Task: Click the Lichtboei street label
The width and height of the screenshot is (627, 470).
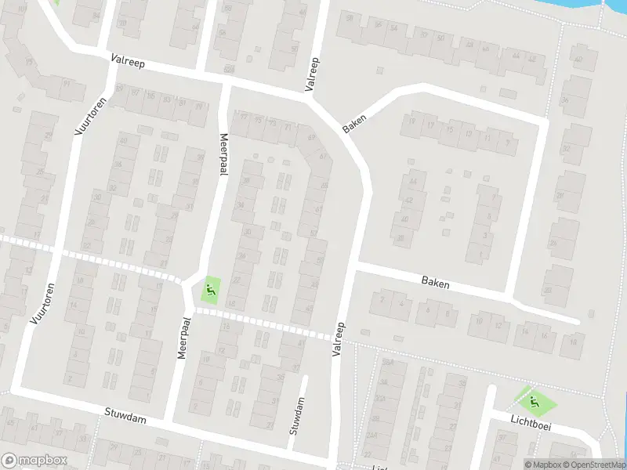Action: pyautogui.click(x=531, y=424)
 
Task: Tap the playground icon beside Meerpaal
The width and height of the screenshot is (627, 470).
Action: pyautogui.click(x=210, y=291)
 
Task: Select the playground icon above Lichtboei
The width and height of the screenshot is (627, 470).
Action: pyautogui.click(x=535, y=403)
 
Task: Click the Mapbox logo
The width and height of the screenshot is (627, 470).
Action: pyautogui.click(x=34, y=461)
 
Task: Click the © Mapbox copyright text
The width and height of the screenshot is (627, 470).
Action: pyautogui.click(x=543, y=465)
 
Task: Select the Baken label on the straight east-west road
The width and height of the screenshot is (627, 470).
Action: pyautogui.click(x=435, y=282)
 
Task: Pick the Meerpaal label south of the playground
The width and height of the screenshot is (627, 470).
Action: pyautogui.click(x=184, y=338)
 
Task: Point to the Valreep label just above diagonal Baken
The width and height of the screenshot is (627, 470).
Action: pyautogui.click(x=313, y=74)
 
